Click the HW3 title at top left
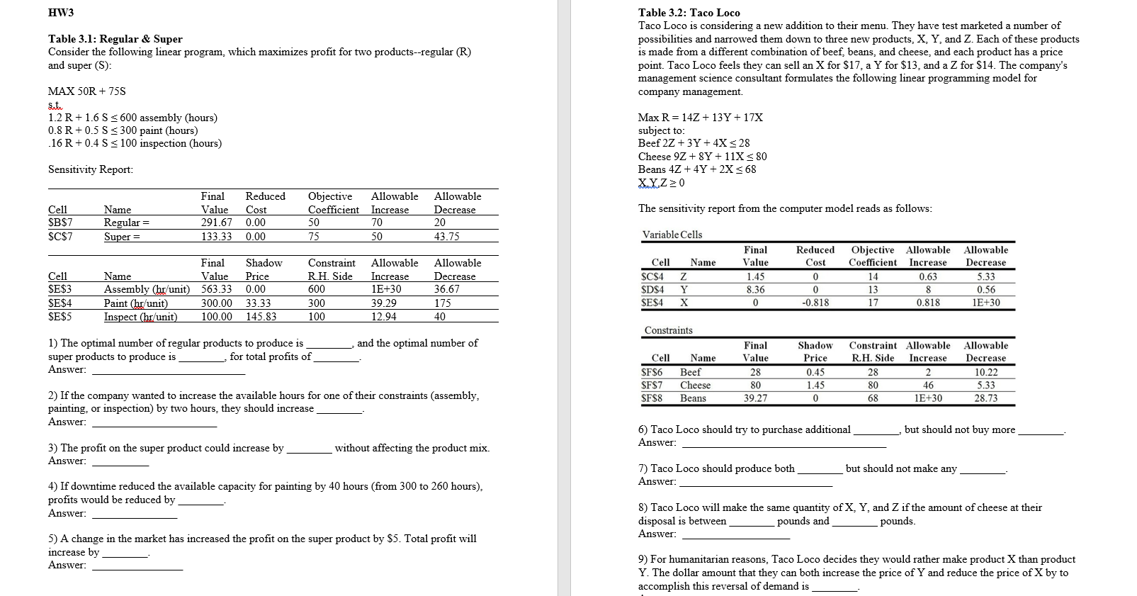[x=61, y=13]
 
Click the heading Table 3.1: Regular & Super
[x=115, y=39]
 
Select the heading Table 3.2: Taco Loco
[x=689, y=13]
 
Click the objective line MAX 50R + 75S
[x=87, y=91]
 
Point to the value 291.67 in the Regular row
[x=216, y=223]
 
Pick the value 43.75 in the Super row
[x=447, y=237]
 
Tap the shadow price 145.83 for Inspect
[x=261, y=317]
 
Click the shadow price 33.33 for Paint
[x=258, y=303]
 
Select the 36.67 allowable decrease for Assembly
[x=447, y=289]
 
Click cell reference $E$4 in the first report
[x=60, y=303]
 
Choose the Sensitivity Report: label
[x=90, y=169]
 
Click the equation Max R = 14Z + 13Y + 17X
[x=700, y=118]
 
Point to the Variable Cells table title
[x=672, y=235]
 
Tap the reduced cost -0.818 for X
[x=815, y=303]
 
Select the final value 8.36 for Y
[x=755, y=290]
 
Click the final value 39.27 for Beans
[x=755, y=398]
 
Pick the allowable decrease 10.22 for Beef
[x=985, y=372]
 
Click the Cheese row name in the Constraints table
[x=695, y=386]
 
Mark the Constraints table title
[x=668, y=330]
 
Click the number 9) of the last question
[x=644, y=560]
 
